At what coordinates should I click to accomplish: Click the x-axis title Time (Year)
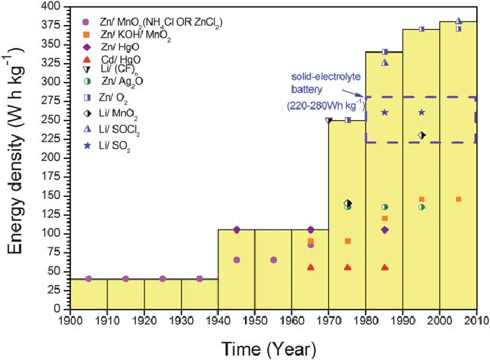(x=271, y=346)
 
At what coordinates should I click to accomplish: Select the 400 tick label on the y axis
(x=50, y=6)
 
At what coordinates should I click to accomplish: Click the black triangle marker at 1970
(x=329, y=120)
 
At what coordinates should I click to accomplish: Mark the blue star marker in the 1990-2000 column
(x=421, y=112)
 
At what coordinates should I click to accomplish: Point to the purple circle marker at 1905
(x=88, y=279)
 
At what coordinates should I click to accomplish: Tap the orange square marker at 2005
(x=458, y=199)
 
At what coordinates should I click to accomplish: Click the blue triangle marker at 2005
(x=458, y=21)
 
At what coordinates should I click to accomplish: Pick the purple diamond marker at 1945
(x=237, y=230)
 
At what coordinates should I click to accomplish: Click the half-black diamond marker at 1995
(x=421, y=135)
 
